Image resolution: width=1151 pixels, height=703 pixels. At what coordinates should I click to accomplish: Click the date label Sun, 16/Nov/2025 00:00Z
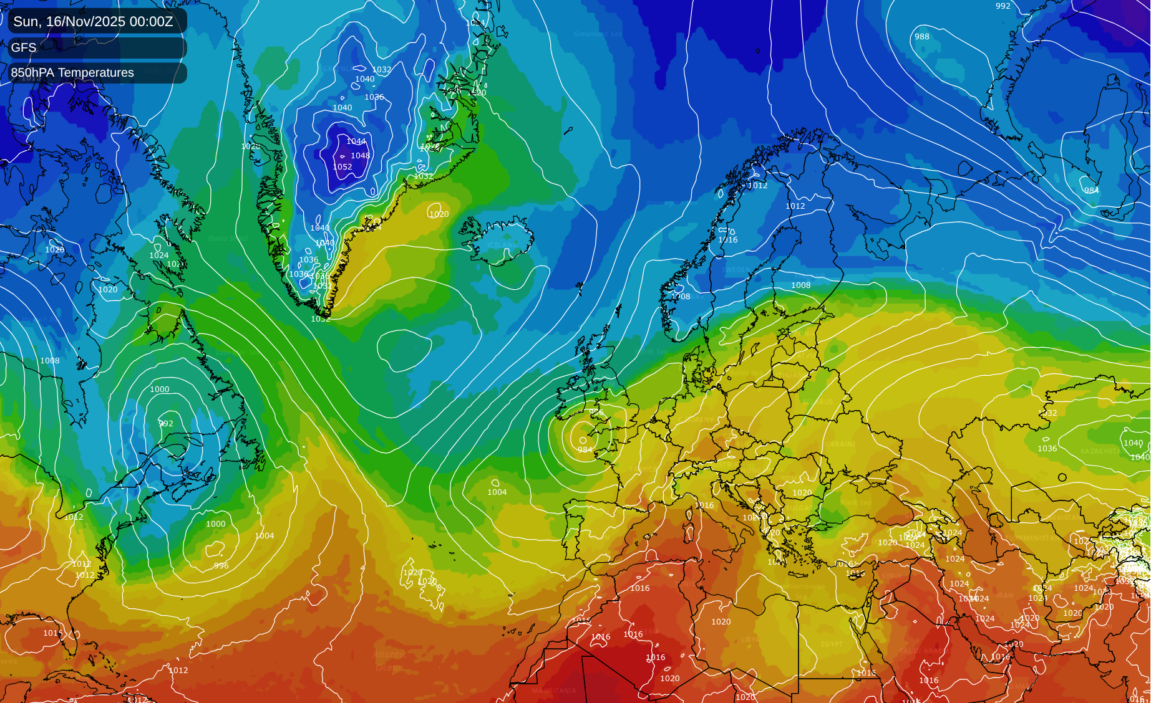pyautogui.click(x=93, y=21)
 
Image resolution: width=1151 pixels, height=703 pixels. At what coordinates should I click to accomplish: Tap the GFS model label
pyautogui.click(x=24, y=47)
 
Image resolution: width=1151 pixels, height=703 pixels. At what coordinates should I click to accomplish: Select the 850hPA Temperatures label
pyautogui.click(x=72, y=73)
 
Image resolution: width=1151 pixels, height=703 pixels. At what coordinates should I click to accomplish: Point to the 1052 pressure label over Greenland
pyautogui.click(x=342, y=167)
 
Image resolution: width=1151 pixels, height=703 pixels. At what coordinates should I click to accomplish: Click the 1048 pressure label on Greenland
pyautogui.click(x=360, y=156)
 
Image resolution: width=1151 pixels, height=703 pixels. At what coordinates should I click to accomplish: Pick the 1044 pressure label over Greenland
pyautogui.click(x=356, y=141)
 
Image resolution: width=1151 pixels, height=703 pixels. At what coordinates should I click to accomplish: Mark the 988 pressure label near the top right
pyautogui.click(x=922, y=37)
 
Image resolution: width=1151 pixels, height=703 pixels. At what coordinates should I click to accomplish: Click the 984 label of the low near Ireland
pyautogui.click(x=585, y=449)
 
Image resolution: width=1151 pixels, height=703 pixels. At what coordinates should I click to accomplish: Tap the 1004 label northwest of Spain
pyautogui.click(x=497, y=492)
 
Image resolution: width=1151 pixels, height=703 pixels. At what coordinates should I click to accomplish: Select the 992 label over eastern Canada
pyautogui.click(x=166, y=424)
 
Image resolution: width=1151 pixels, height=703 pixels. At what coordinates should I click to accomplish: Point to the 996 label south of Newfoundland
pyautogui.click(x=221, y=566)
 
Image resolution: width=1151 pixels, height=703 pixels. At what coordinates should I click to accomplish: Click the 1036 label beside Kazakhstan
pyautogui.click(x=1047, y=449)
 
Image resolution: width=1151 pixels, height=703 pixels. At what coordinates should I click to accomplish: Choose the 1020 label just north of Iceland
pyautogui.click(x=439, y=214)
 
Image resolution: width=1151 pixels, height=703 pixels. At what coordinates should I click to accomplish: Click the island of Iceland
pyautogui.click(x=499, y=240)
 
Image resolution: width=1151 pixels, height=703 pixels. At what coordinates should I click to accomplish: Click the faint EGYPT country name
pyautogui.click(x=832, y=644)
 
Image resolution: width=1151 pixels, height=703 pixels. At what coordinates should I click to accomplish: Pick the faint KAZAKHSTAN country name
pyautogui.click(x=1099, y=451)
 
